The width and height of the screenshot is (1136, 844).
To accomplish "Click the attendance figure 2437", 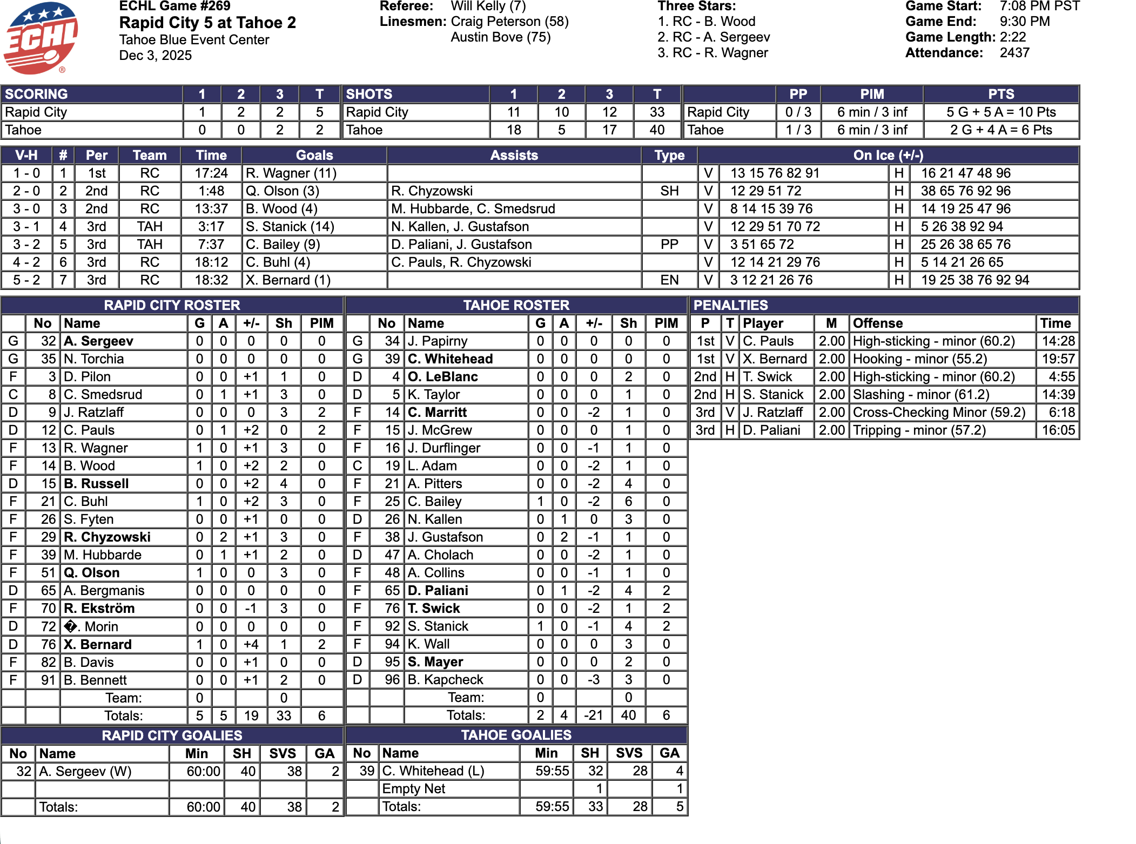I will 1014,53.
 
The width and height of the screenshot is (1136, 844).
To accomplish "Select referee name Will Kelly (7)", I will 488,6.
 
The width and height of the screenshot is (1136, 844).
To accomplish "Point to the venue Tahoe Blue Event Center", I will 194,40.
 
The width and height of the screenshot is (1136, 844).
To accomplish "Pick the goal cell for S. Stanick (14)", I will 290,227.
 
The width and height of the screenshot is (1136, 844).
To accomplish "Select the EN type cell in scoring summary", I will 669,280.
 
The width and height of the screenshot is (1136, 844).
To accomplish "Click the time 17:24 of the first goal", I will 211,173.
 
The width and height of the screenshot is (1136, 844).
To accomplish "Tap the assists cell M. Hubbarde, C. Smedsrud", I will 473,209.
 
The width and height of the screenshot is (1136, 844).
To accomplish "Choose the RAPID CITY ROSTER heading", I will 172,305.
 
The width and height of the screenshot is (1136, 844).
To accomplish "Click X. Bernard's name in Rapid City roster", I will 98,644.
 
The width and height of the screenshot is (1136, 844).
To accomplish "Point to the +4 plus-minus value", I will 251,644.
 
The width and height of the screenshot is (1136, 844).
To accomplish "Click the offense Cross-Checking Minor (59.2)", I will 939,413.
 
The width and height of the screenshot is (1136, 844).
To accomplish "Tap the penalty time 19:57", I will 1056,359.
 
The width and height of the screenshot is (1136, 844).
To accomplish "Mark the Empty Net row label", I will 414,789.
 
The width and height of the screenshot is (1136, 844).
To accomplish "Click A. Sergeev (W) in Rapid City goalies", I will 85,771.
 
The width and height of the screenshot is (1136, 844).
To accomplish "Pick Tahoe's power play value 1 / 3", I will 798,130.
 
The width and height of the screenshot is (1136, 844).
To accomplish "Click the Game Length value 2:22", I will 1013,37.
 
